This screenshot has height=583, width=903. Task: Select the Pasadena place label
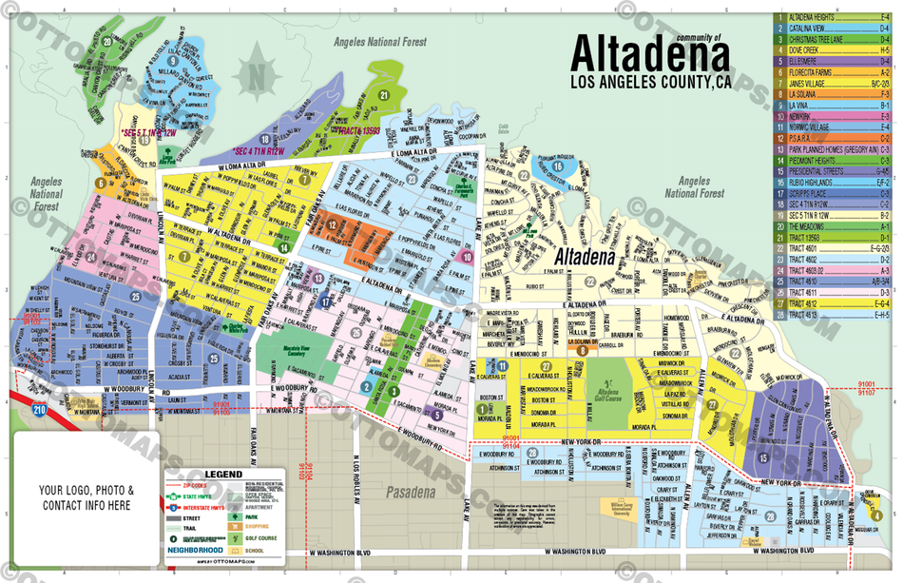(412, 493)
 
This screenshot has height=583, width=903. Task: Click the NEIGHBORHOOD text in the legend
(195, 549)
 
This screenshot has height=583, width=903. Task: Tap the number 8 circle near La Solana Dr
(580, 350)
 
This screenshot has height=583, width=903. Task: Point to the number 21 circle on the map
(383, 95)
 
